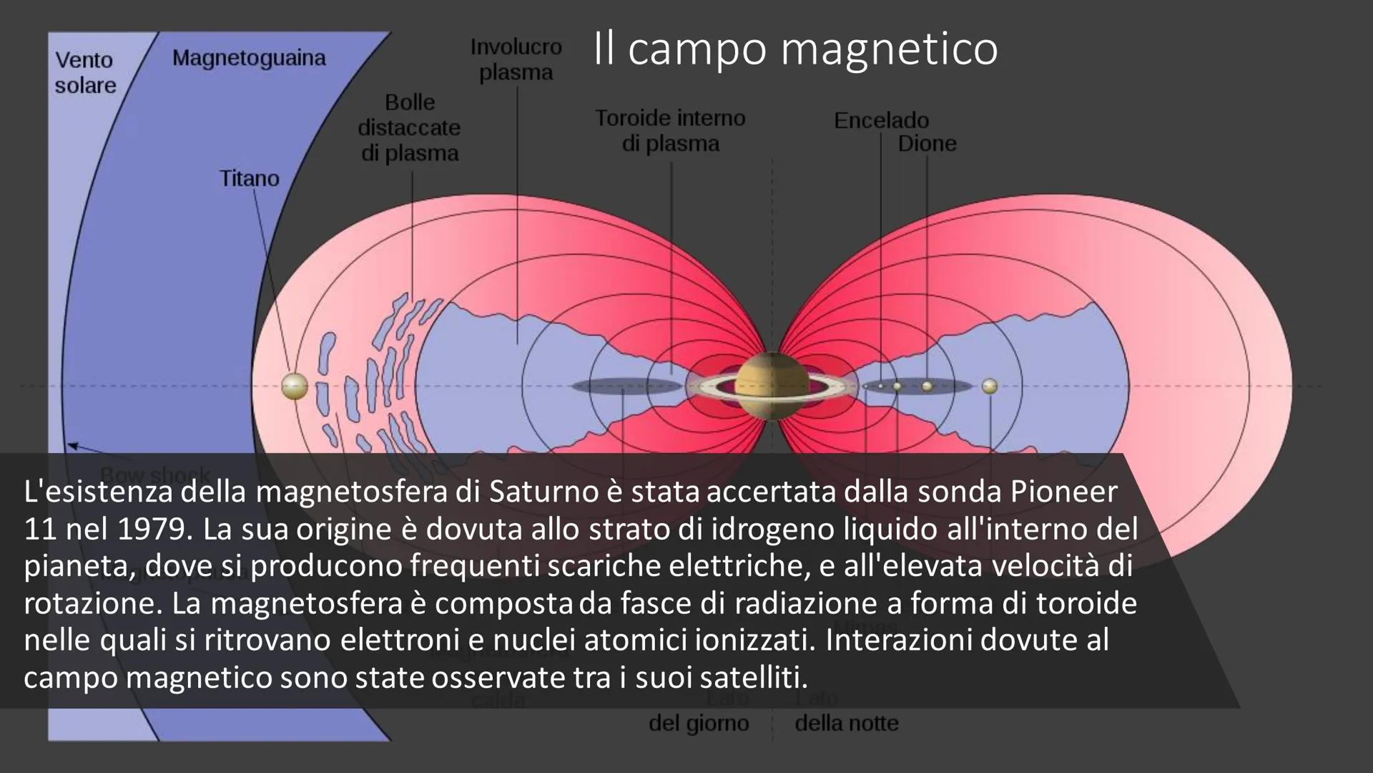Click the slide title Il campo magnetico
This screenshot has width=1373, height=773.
pyautogui.click(x=795, y=49)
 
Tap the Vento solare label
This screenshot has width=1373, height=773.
pyautogui.click(x=85, y=72)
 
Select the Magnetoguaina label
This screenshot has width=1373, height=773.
pyautogui.click(x=248, y=58)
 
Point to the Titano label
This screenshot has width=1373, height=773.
pyautogui.click(x=249, y=178)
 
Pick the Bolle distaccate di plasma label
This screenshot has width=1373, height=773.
pyautogui.click(x=410, y=127)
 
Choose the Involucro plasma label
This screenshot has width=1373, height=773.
pyautogui.click(x=516, y=59)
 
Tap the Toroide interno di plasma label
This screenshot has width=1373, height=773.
pyautogui.click(x=670, y=130)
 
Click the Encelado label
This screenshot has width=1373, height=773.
pyautogui.click(x=881, y=120)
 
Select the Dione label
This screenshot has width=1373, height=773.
pyautogui.click(x=927, y=143)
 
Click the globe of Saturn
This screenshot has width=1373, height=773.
pyautogui.click(x=769, y=386)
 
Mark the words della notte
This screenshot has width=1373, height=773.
pyautogui.click(x=847, y=723)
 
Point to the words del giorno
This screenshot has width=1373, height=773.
pyautogui.click(x=699, y=723)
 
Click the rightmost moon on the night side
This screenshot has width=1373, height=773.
pyautogui.click(x=990, y=386)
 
